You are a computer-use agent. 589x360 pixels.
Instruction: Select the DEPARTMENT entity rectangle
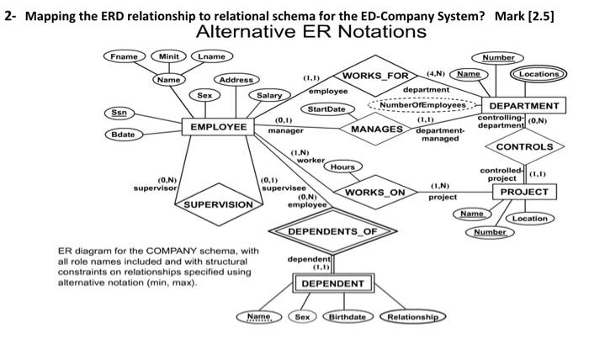tap(524, 106)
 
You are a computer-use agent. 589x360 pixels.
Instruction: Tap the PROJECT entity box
tap(524, 192)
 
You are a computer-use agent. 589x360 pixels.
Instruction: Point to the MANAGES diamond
tap(376, 130)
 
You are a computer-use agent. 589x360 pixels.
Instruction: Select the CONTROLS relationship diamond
tap(524, 146)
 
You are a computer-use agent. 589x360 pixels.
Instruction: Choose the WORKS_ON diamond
tap(375, 193)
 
